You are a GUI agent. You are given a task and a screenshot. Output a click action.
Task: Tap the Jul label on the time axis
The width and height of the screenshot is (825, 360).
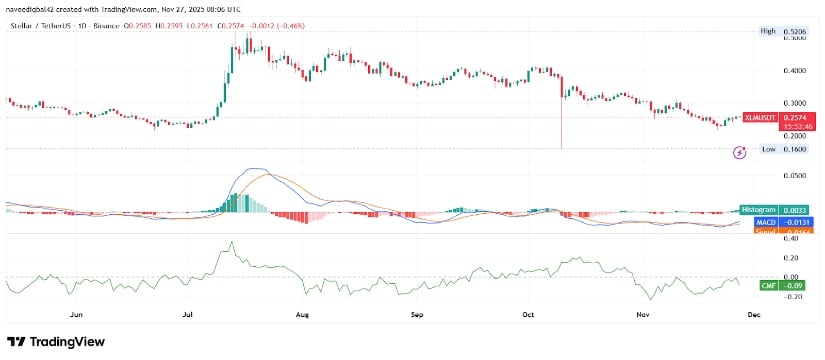[x=189, y=314]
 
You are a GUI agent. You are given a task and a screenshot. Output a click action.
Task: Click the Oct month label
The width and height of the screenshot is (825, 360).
[x=529, y=314]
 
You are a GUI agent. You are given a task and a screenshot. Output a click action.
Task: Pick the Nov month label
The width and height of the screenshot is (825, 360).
[x=644, y=314]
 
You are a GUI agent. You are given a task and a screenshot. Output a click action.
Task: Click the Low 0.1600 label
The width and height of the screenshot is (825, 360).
[x=782, y=149]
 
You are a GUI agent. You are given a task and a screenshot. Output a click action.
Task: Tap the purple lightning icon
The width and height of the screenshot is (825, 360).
[x=739, y=152]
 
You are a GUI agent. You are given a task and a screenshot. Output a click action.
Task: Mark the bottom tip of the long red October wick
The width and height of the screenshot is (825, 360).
[x=562, y=149]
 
